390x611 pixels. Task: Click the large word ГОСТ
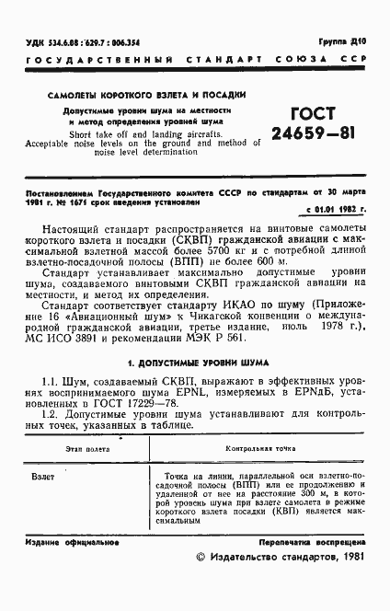point(313,115)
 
